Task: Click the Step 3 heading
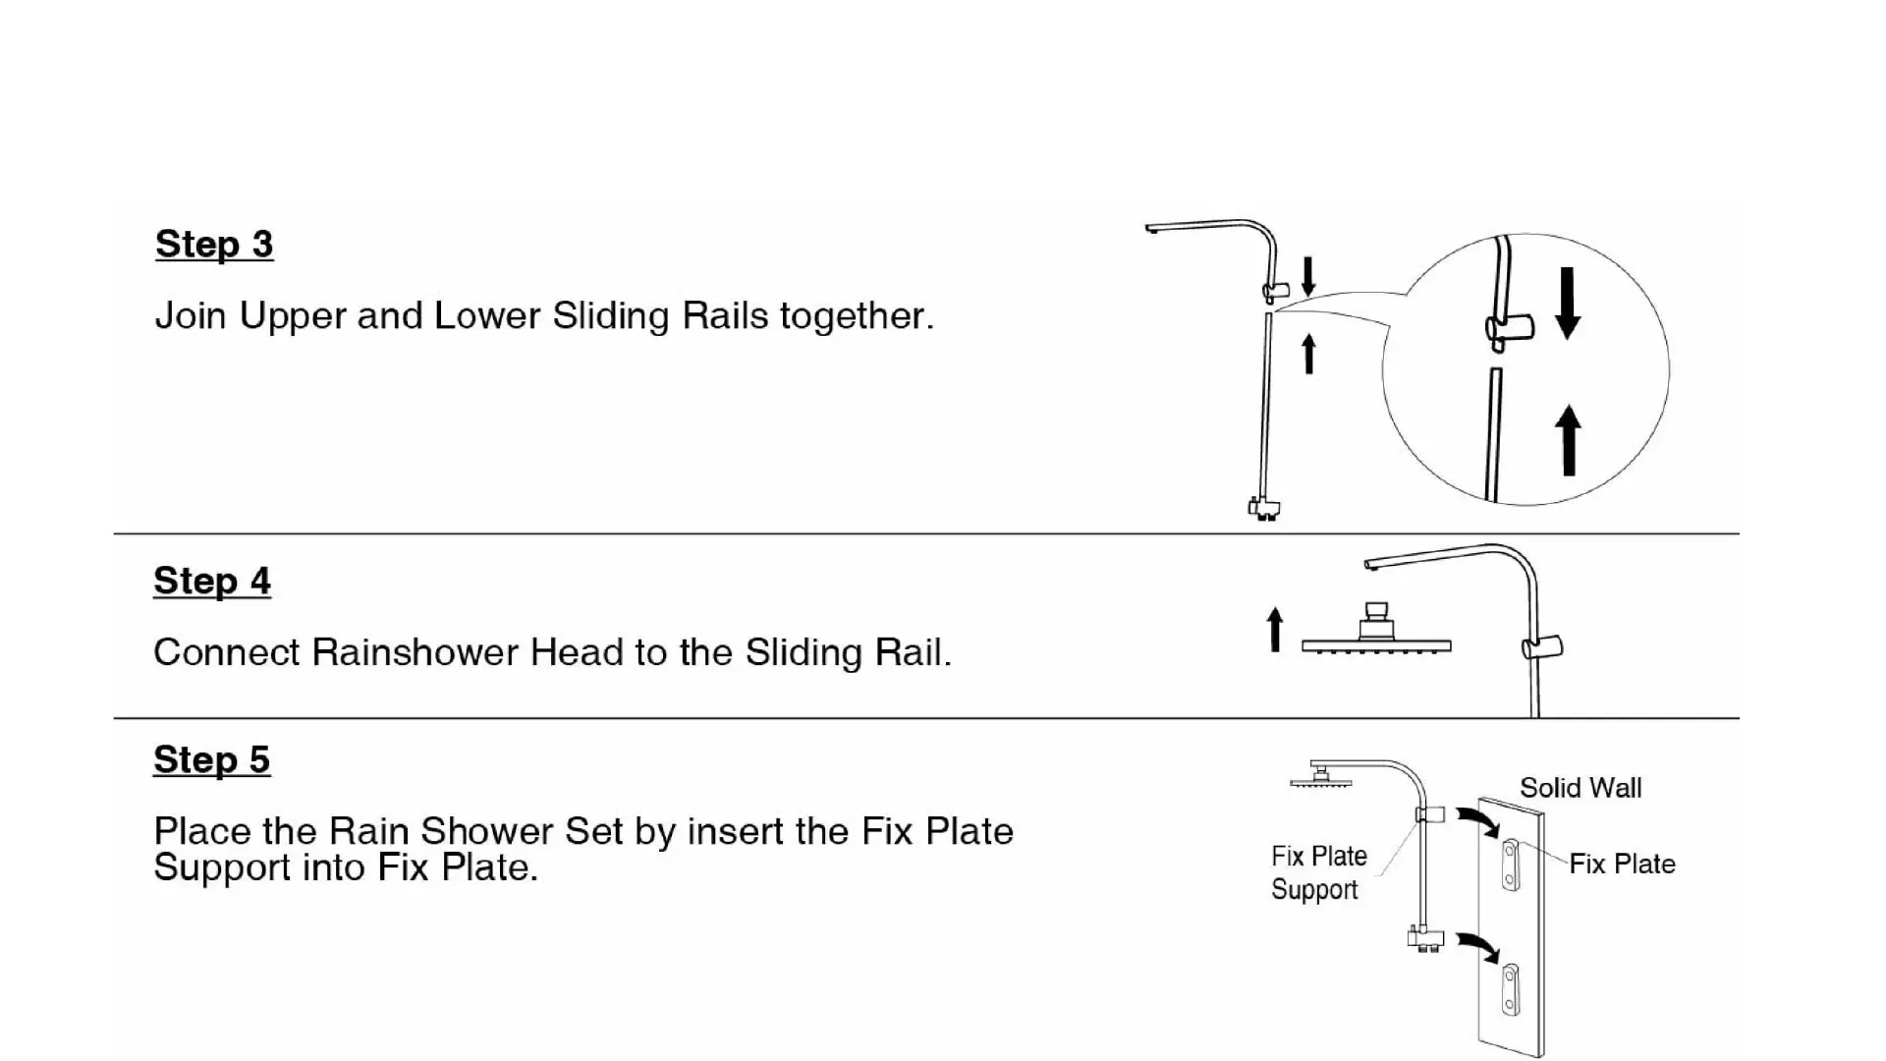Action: [x=214, y=245]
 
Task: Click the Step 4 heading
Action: [x=212, y=581]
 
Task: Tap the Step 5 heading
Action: [x=212, y=759]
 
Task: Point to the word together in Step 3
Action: [x=857, y=316]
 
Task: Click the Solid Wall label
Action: [x=1581, y=788]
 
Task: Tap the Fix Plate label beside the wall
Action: [x=1622, y=865]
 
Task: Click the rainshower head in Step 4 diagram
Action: [x=1376, y=634]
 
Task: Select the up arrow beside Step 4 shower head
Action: [x=1275, y=630]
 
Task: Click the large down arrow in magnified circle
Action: [x=1568, y=304]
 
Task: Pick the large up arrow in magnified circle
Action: [x=1568, y=440]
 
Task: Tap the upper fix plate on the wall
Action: [x=1511, y=865]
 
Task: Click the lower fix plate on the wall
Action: [x=1511, y=990]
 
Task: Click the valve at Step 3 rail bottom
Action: [x=1264, y=508]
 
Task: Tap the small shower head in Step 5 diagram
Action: [x=1321, y=778]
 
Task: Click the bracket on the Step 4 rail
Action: [x=1541, y=647]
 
